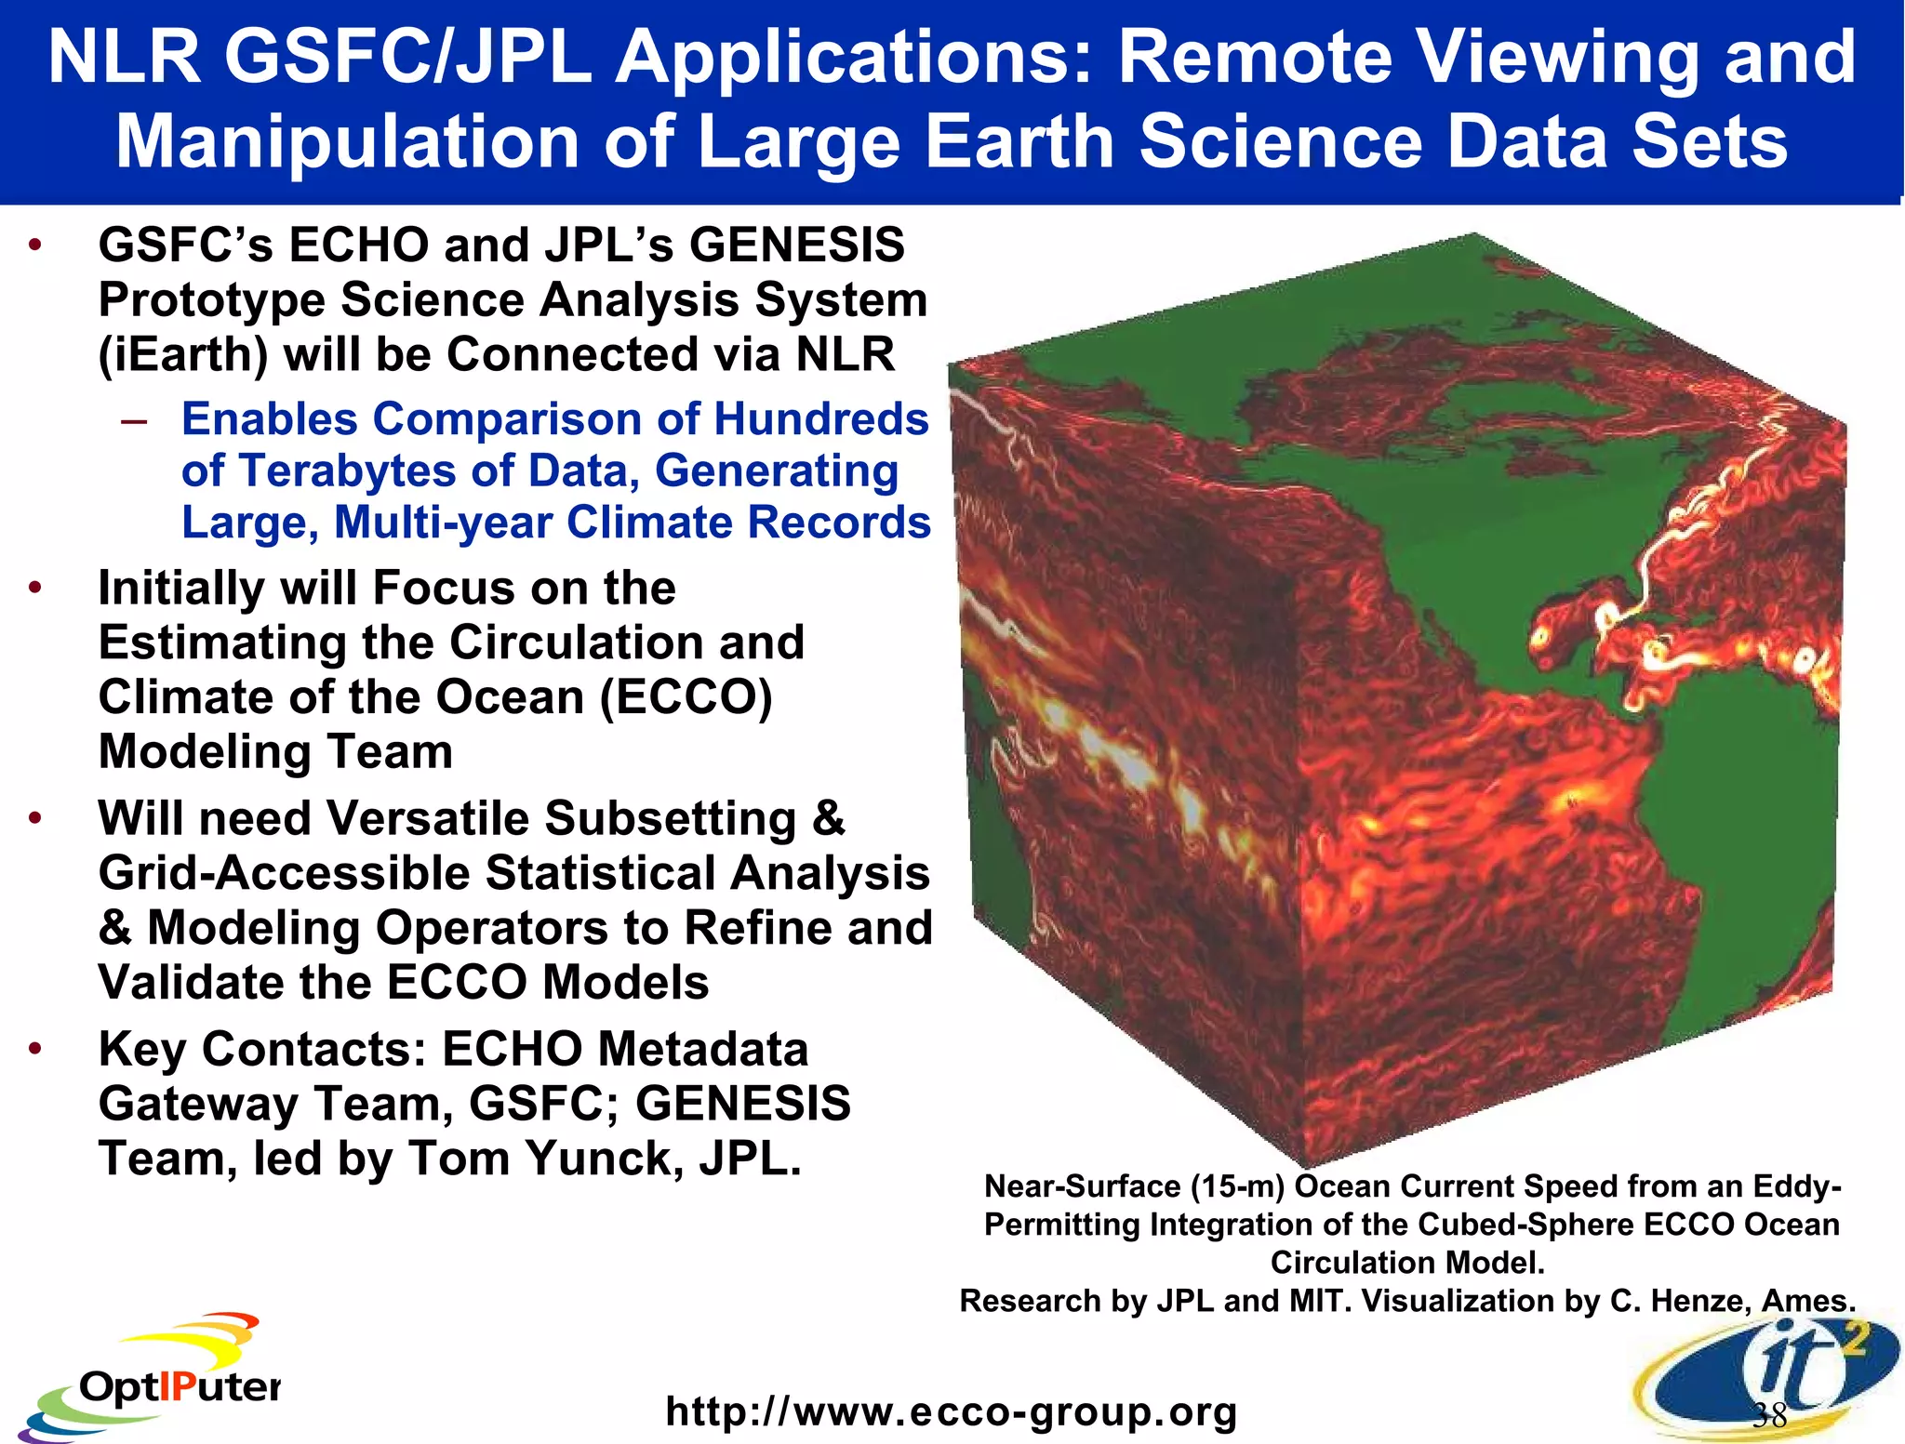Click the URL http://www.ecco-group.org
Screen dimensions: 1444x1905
(x=951, y=1411)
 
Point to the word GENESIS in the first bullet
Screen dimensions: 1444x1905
(x=796, y=245)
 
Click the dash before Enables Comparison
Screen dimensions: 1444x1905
(x=134, y=420)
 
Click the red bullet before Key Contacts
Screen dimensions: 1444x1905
(x=35, y=1050)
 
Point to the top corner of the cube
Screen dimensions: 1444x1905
(x=1475, y=234)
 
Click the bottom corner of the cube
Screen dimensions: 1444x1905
(x=1306, y=1166)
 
